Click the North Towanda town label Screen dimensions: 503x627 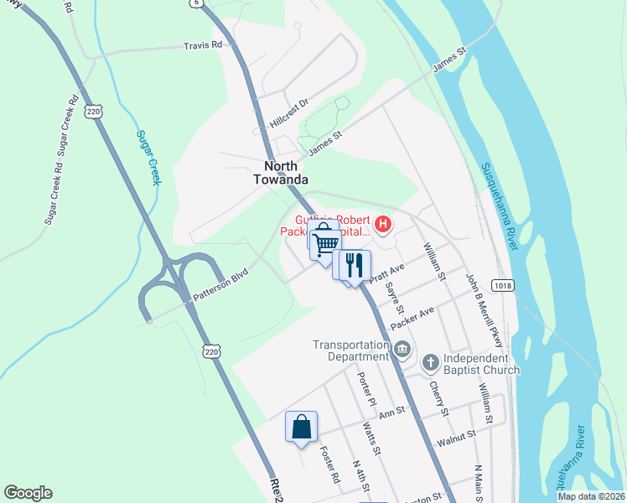click(281, 173)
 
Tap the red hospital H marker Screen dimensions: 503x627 click(383, 224)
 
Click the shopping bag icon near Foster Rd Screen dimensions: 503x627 click(302, 427)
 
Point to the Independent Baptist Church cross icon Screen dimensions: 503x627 click(430, 362)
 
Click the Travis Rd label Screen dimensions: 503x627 click(204, 44)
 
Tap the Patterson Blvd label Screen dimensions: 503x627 click(222, 284)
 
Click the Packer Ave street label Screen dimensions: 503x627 click(412, 318)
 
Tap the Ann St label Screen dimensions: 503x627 click(391, 412)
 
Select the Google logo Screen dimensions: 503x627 click(28, 493)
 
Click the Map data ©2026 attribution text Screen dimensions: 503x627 click(591, 496)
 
